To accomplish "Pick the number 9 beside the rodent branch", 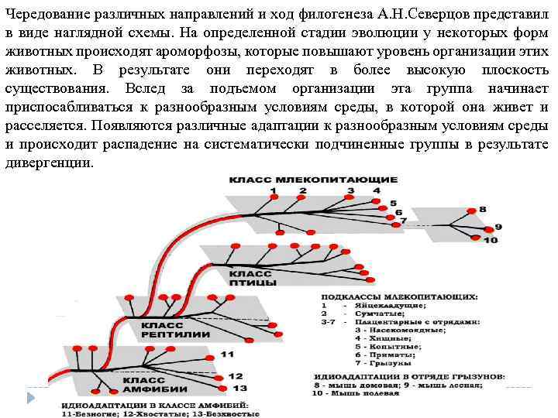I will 498,226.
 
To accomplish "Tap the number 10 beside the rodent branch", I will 490,241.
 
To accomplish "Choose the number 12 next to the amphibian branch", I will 236,375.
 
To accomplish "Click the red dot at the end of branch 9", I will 487,228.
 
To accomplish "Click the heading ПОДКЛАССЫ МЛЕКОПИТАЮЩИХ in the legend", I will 400,296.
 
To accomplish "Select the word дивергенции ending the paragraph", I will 49,163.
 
